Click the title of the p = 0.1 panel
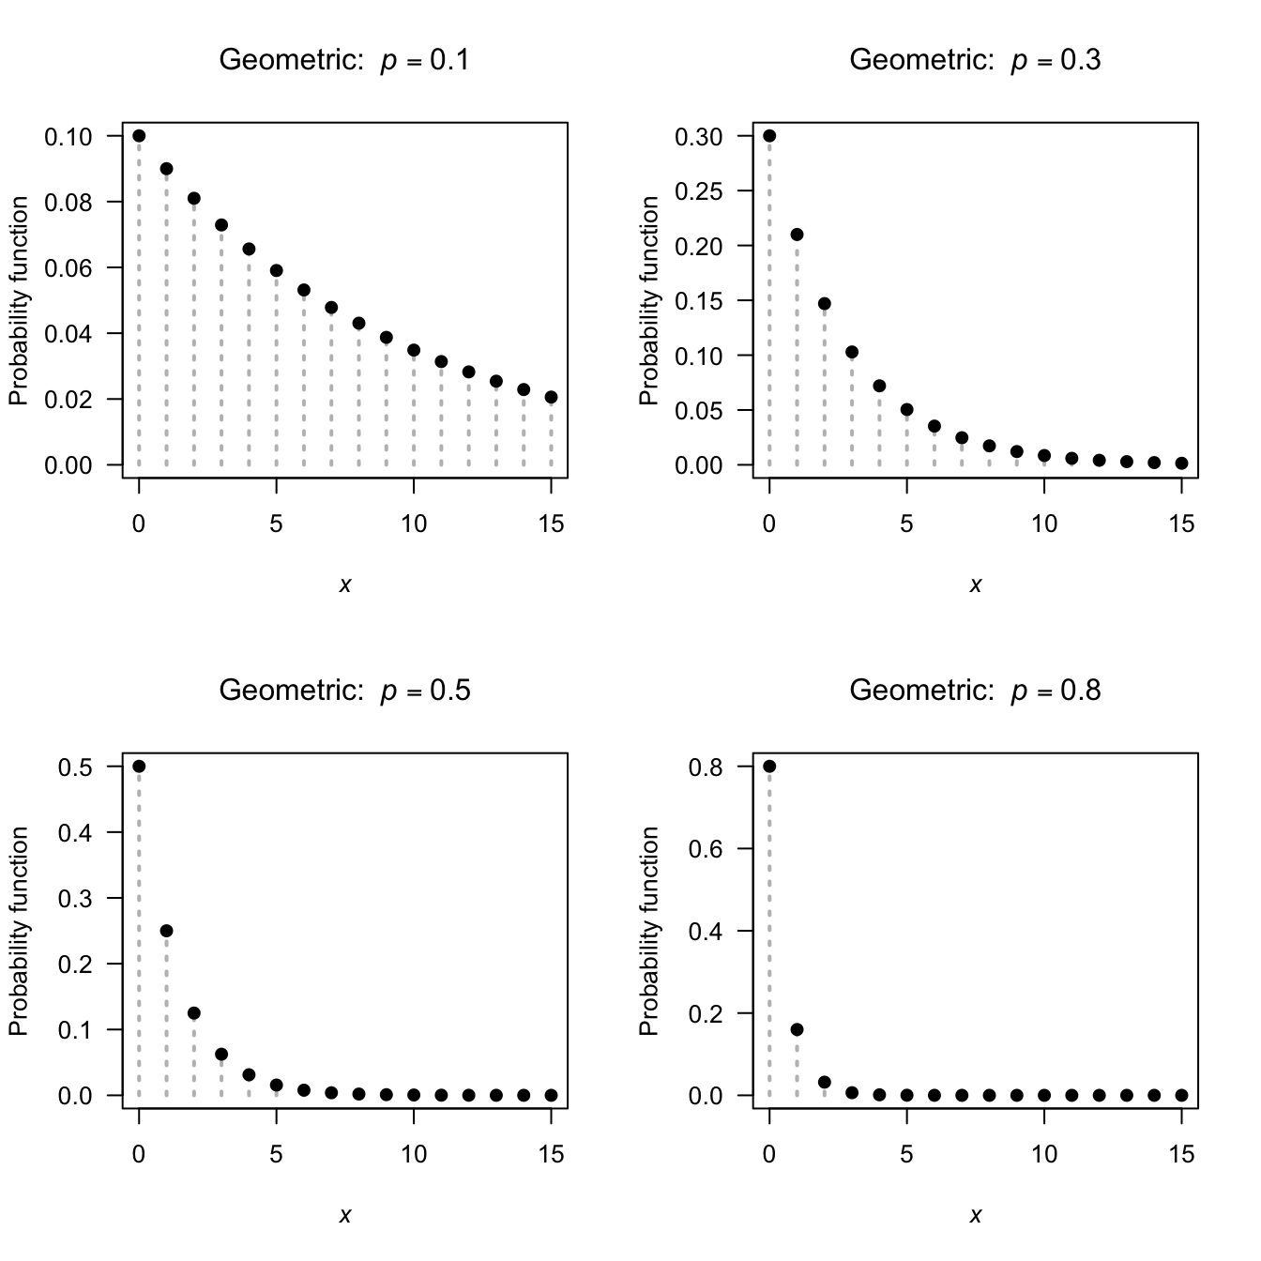pos(344,60)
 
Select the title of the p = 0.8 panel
pos(975,691)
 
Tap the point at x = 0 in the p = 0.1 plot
pos(139,136)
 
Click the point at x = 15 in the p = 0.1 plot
pos(551,397)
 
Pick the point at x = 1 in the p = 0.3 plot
pos(797,235)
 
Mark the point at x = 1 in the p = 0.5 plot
pos(166,931)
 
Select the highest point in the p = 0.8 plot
pos(769,767)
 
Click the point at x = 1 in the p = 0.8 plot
pos(797,1029)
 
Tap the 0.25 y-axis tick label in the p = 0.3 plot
pos(699,191)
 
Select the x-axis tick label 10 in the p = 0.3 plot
pos(1043,524)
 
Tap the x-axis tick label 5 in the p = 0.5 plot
pos(276,1154)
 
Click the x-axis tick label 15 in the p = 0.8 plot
pos(1181,1154)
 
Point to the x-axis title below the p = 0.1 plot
pos(344,585)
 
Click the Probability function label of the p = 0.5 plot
pos(19,931)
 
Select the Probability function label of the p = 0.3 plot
pos(649,300)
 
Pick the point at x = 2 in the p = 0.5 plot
pos(194,1013)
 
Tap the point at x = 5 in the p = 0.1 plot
pos(276,270)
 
